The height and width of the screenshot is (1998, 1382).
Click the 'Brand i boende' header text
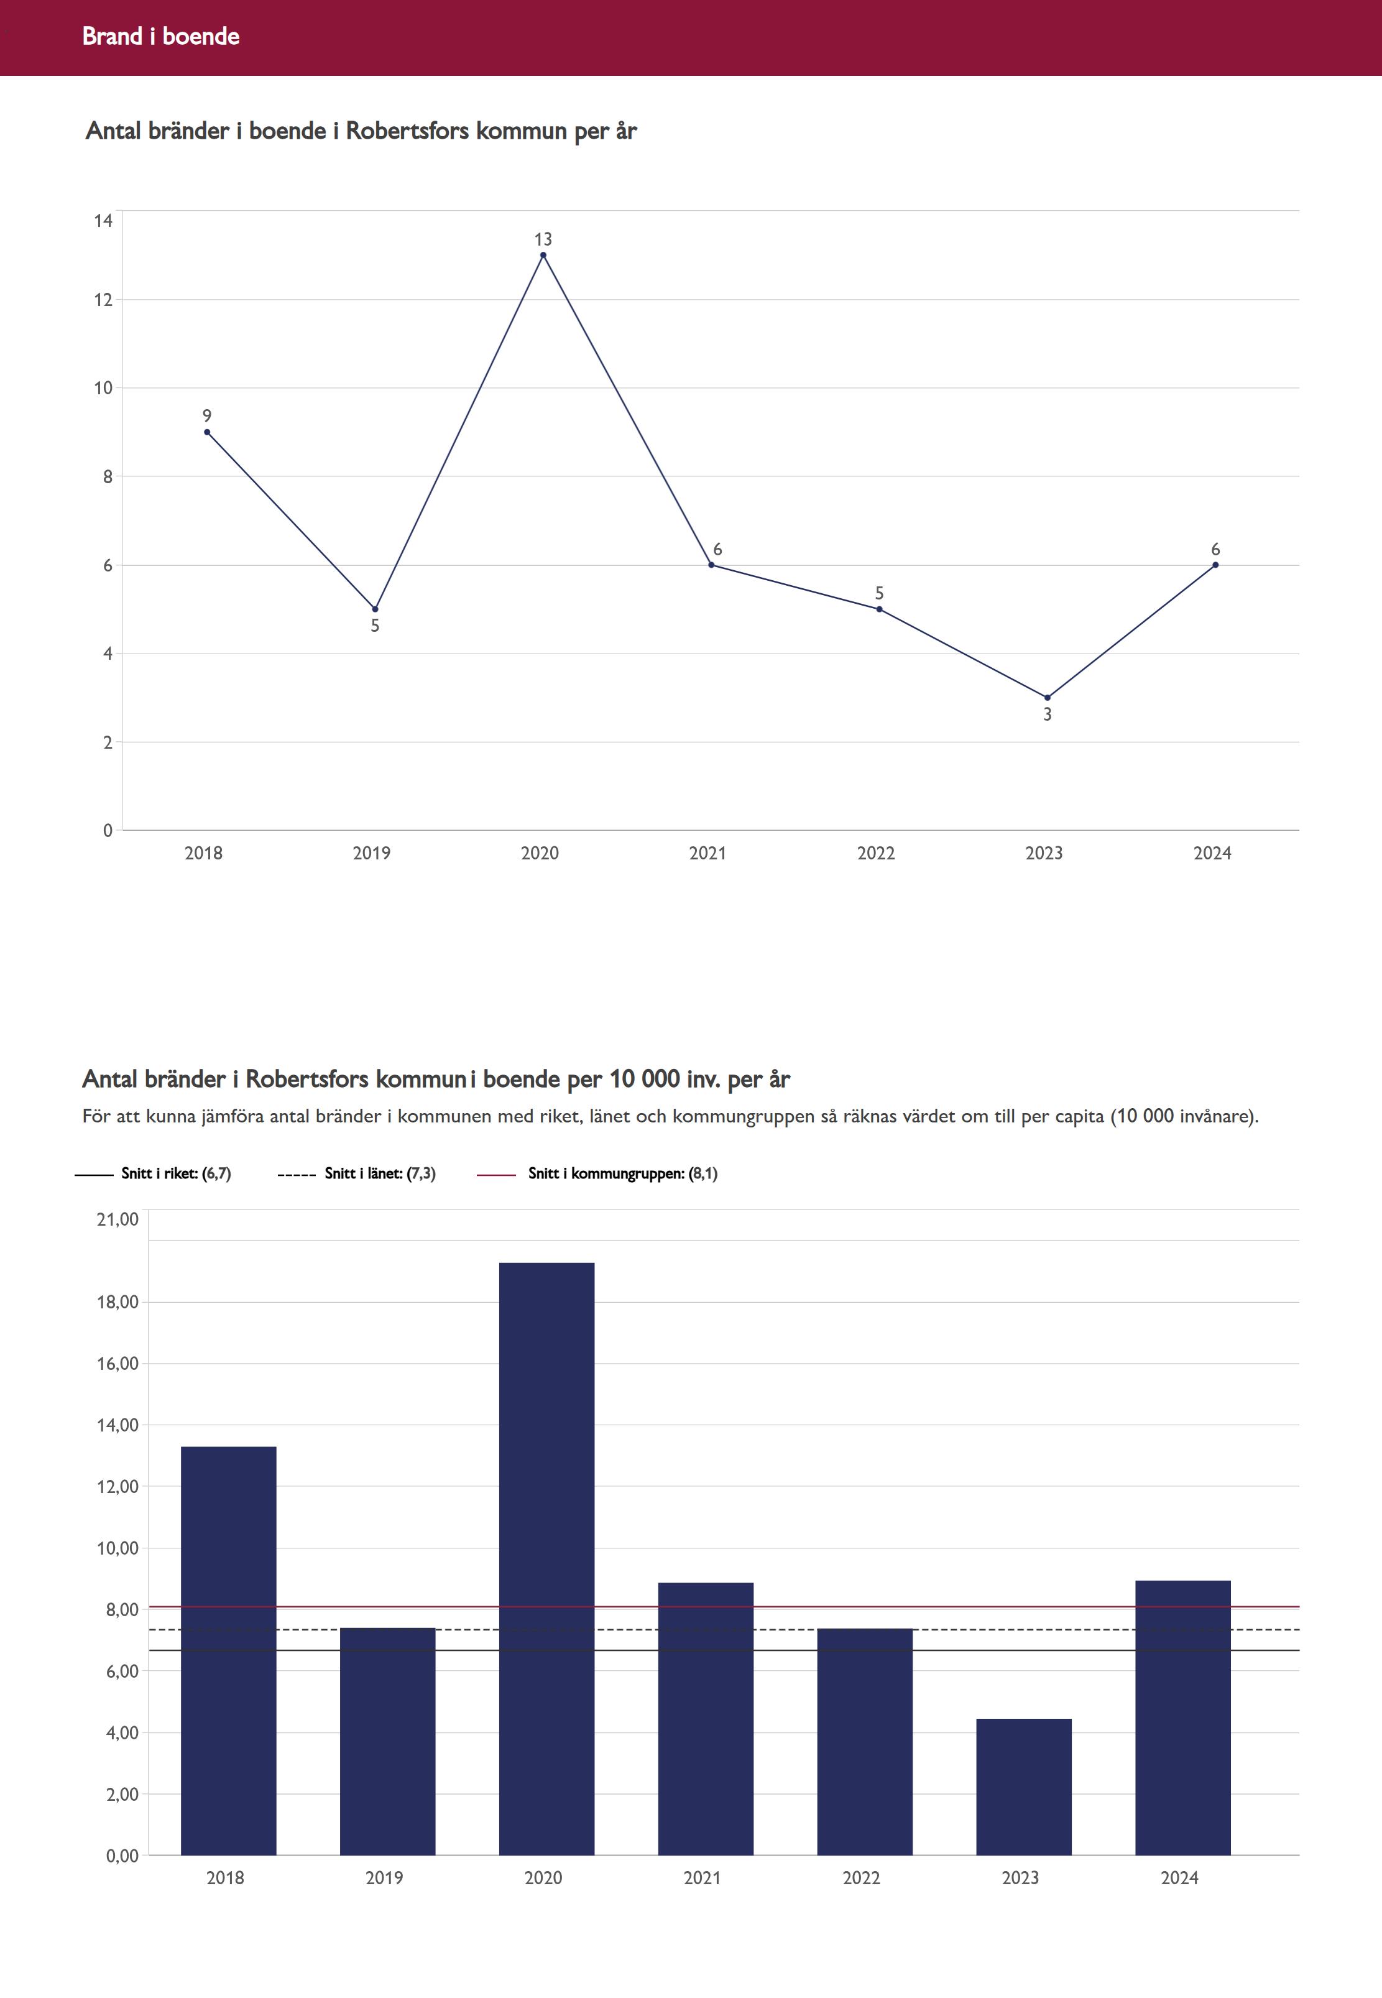coord(161,36)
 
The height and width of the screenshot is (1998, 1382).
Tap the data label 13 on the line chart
coord(543,239)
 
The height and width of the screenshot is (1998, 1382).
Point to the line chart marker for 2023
coord(1047,697)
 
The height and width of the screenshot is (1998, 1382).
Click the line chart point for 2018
coord(207,432)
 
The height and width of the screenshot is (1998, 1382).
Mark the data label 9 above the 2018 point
coord(207,416)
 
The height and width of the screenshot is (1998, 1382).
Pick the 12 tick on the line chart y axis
coord(104,300)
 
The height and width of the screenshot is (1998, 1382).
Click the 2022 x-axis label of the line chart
coord(875,853)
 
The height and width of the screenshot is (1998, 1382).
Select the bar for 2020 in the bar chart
coord(546,1559)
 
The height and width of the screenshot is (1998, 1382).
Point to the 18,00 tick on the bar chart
coord(116,1302)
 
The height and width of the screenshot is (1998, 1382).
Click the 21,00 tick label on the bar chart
coord(117,1219)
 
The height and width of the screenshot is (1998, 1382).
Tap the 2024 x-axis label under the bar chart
coord(1179,1877)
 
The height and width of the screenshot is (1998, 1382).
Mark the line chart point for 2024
coord(1215,565)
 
